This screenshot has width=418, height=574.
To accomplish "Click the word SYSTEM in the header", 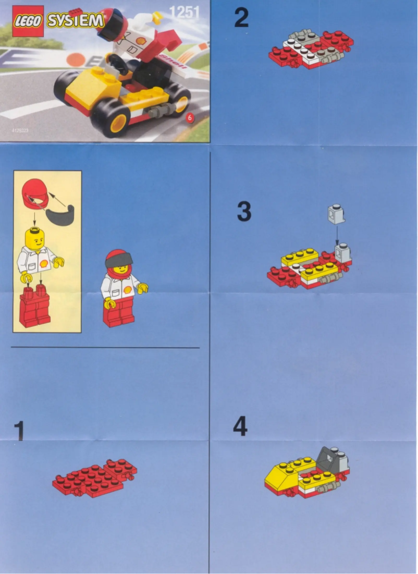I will tap(75, 21).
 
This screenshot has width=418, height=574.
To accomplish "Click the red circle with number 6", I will tap(190, 118).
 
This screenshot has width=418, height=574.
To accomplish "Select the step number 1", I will tap(19, 431).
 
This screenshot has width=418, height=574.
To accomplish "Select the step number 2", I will tap(241, 18).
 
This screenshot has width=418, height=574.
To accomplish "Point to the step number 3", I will tap(244, 212).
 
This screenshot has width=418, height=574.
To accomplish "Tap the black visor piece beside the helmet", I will tap(60, 214).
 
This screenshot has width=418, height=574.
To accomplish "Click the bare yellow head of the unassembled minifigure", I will tap(35, 238).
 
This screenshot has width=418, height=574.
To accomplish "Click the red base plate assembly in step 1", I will tap(94, 477).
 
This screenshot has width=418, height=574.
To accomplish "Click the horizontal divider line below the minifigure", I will tap(104, 347).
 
